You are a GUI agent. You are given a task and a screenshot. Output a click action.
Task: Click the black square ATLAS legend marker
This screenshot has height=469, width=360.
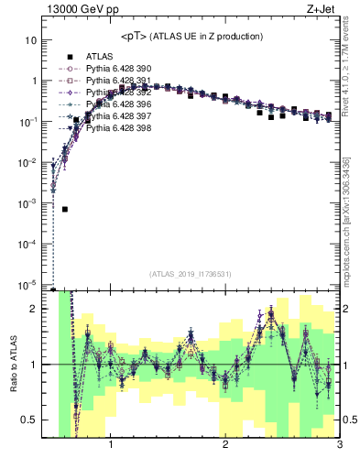tap(70, 57)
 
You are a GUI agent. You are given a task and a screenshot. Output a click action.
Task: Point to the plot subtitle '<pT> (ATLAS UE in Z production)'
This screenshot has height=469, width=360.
tap(191, 37)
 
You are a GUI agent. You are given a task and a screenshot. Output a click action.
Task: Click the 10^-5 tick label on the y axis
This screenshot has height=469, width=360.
tap(28, 285)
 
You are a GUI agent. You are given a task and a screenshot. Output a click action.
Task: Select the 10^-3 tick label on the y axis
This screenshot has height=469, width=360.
tap(28, 203)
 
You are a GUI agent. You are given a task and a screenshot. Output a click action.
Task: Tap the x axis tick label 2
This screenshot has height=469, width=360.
tap(225, 445)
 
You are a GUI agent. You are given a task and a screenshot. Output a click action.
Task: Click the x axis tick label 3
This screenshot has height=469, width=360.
tap(339, 445)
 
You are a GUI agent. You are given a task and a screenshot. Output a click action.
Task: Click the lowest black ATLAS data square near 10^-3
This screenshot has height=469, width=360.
tap(65, 209)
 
